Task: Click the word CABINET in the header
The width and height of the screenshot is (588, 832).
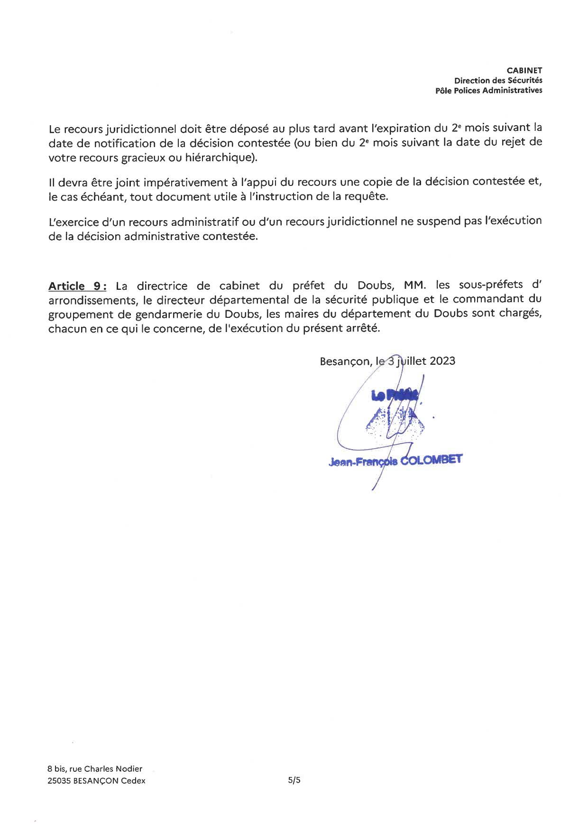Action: pos(524,71)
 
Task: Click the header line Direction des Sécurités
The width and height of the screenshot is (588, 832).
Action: pos(498,81)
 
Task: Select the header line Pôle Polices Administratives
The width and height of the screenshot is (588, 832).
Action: pos(488,91)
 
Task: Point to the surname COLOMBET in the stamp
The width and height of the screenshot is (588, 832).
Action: pos(432,460)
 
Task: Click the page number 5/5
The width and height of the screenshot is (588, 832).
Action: pos(294,780)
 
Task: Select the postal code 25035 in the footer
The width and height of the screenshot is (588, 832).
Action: pos(59,781)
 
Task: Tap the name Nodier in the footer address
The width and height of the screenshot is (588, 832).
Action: pos(129,769)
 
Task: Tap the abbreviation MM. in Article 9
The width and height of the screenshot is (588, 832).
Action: pos(415,286)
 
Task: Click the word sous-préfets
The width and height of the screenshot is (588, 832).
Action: pos(488,285)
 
